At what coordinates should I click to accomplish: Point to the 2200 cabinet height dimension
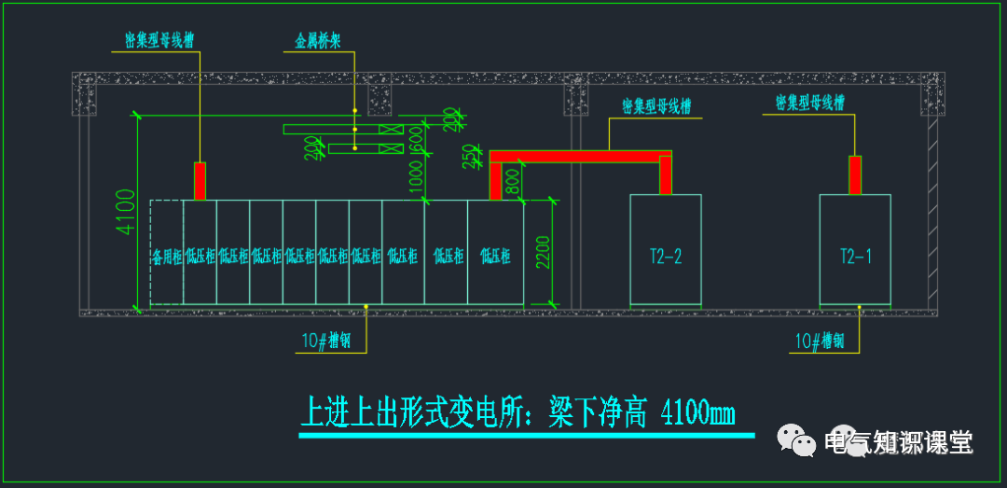pyautogui.click(x=545, y=252)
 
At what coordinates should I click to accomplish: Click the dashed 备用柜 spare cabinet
pyautogui.click(x=167, y=255)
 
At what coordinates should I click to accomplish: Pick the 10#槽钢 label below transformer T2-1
pyautogui.click(x=820, y=342)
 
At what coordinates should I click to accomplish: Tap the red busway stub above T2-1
pyautogui.click(x=855, y=174)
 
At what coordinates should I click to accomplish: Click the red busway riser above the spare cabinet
pyautogui.click(x=200, y=180)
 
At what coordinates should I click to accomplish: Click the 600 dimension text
pyautogui.click(x=417, y=141)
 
